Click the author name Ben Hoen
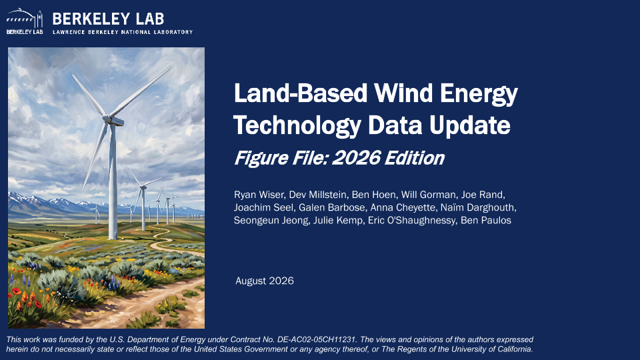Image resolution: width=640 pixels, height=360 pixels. tap(373, 195)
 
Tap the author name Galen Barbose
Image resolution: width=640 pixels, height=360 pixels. tap(332, 207)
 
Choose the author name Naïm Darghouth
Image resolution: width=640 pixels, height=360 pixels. tap(477, 207)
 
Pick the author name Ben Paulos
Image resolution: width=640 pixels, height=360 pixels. tap(486, 221)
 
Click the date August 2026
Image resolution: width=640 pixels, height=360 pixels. tap(265, 281)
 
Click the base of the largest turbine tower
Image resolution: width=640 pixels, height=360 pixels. tap(113, 237)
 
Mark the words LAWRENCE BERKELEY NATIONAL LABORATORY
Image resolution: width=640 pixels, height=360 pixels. tap(123, 32)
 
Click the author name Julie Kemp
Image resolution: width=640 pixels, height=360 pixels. tap(338, 221)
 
